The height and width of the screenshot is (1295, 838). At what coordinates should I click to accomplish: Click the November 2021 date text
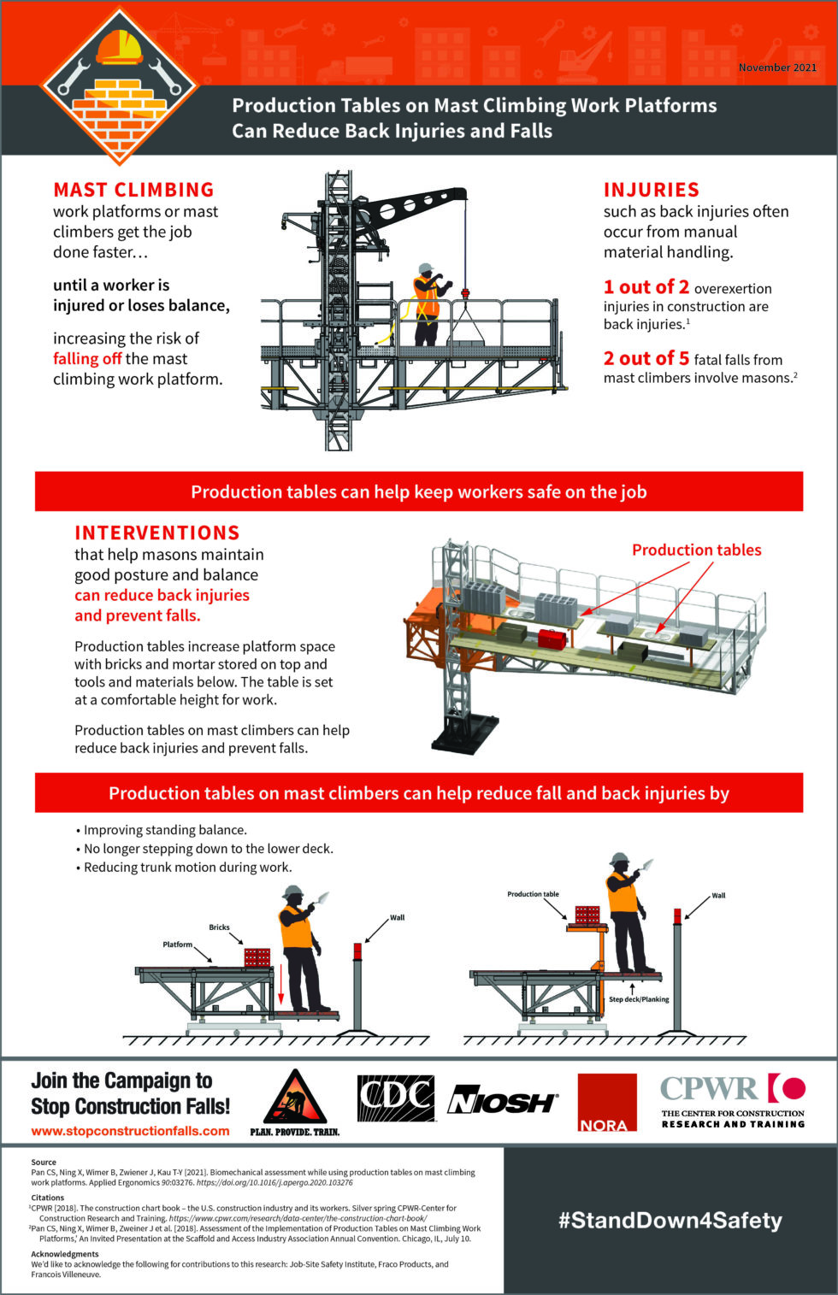[776, 68]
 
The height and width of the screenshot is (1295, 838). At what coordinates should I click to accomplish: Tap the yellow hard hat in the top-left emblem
[120, 48]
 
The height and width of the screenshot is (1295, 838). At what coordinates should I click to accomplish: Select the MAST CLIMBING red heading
[133, 190]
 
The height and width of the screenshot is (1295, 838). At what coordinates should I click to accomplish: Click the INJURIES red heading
[651, 190]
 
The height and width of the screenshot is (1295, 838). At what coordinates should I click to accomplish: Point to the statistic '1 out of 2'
[646, 287]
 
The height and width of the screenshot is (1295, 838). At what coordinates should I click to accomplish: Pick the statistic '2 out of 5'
[646, 358]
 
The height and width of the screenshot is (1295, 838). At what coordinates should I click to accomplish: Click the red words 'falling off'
[87, 359]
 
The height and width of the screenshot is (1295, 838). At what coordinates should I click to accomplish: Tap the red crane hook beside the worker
[466, 295]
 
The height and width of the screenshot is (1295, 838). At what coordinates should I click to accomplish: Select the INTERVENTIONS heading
[156, 533]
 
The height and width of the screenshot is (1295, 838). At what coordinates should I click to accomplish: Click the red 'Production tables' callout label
[696, 550]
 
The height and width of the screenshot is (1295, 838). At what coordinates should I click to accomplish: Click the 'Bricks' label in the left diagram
[219, 927]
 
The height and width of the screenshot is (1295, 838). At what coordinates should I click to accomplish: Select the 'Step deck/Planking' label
[639, 999]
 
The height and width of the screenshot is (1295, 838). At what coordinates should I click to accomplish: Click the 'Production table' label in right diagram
[533, 894]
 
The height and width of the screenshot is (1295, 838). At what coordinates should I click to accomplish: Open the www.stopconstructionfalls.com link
[130, 1131]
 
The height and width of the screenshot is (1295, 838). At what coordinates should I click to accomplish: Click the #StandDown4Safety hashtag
[670, 1220]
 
